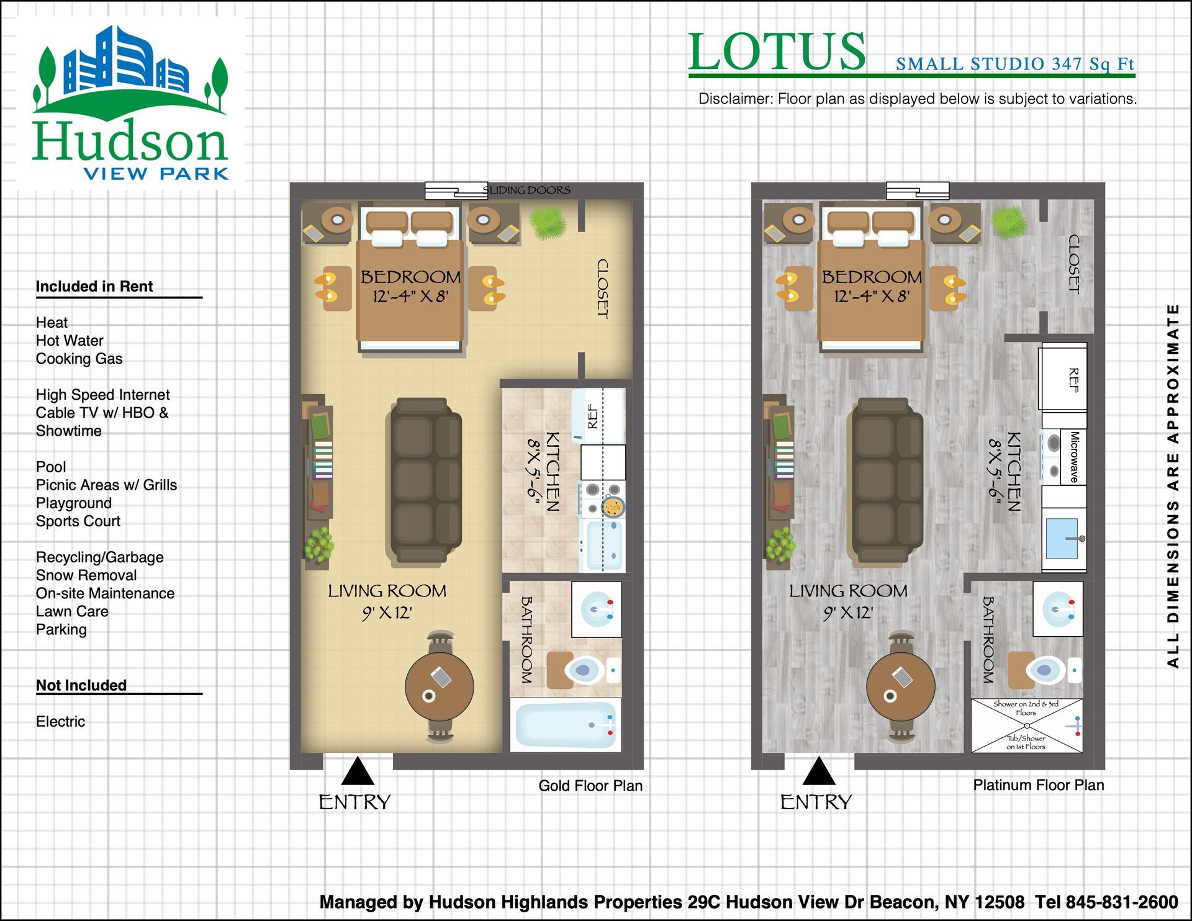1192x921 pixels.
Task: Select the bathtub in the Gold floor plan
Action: (x=566, y=724)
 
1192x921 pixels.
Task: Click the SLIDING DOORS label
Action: (x=526, y=190)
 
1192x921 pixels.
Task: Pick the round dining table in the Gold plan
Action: (x=439, y=687)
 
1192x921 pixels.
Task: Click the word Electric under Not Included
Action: (x=60, y=721)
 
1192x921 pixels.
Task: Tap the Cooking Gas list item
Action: (x=79, y=359)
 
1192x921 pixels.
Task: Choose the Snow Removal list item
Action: (x=86, y=575)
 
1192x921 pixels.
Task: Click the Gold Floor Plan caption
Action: (x=590, y=786)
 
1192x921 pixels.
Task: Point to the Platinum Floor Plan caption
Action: (x=1039, y=785)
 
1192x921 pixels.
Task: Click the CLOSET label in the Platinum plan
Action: (x=1074, y=264)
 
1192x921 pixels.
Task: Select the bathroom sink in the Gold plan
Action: (x=596, y=609)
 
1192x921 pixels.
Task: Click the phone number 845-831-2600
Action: (x=1122, y=902)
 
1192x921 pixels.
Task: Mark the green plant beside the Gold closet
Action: (x=547, y=223)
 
